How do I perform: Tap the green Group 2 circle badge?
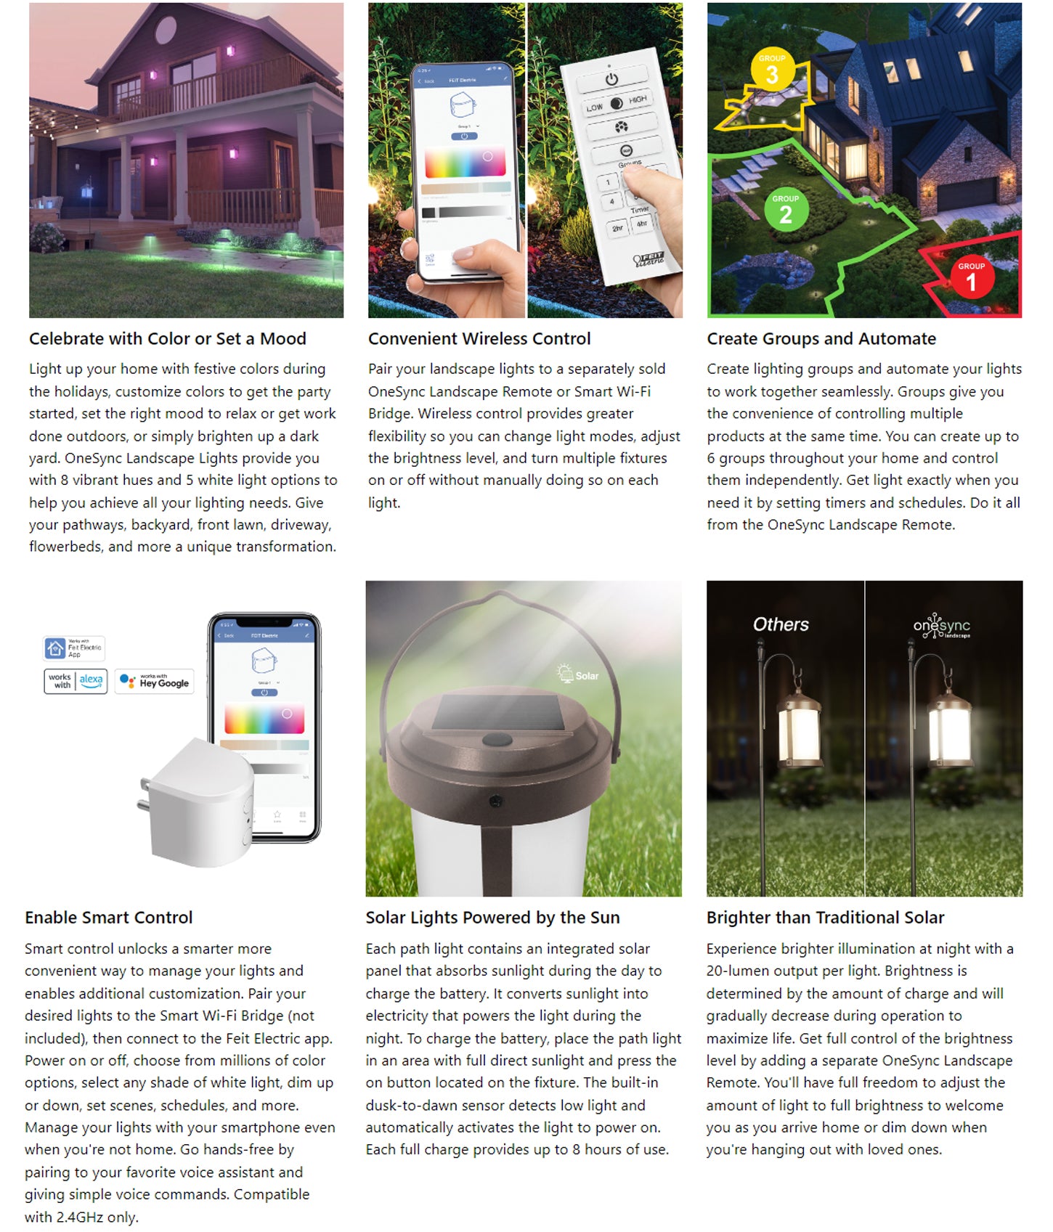click(786, 211)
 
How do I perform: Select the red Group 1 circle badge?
click(971, 277)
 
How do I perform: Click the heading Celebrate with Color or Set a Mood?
click(168, 339)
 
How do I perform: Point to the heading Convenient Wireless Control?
click(479, 339)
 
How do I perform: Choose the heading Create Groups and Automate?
click(821, 339)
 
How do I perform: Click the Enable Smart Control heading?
click(109, 918)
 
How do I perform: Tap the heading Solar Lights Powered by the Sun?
click(492, 918)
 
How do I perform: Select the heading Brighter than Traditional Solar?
click(825, 918)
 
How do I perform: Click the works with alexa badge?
click(76, 681)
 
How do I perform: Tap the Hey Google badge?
click(155, 681)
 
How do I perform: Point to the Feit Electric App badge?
click(73, 648)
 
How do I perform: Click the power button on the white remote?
click(611, 78)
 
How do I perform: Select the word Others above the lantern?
click(781, 624)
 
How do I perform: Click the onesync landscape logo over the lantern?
click(941, 626)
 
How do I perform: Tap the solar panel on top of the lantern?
click(501, 713)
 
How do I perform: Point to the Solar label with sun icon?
click(578, 674)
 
